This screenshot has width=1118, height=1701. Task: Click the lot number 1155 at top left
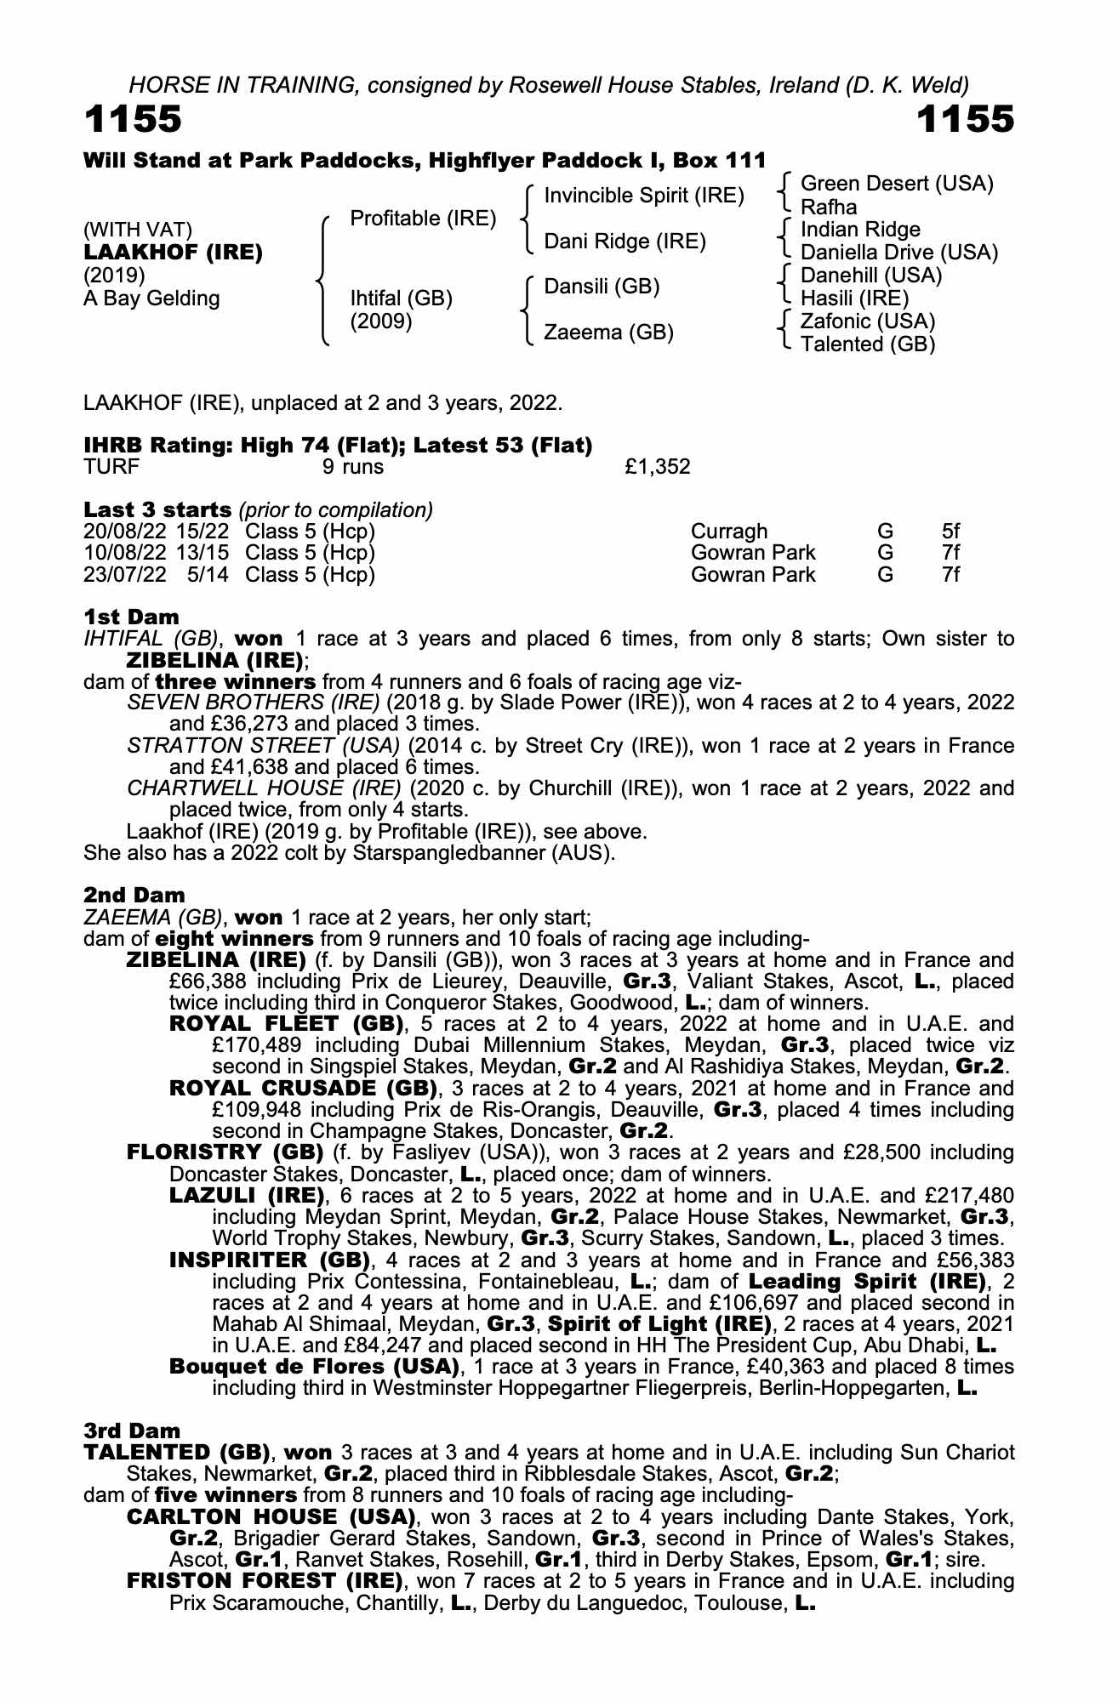coord(133,120)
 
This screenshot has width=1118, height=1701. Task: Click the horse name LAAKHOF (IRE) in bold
coord(173,253)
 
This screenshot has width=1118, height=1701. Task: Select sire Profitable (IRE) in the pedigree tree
coord(423,219)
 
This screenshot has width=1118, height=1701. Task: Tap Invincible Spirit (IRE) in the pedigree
coord(643,196)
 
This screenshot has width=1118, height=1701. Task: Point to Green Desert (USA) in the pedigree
coord(897,184)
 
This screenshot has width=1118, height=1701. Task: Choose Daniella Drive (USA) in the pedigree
coord(899,253)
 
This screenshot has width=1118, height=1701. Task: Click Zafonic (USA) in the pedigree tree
coord(868,321)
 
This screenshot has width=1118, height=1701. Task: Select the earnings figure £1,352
coord(657,467)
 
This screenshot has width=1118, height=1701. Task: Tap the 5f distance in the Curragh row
coord(950,532)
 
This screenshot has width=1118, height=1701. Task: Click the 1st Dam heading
coord(132,617)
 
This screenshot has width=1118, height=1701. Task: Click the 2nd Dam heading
coord(134,895)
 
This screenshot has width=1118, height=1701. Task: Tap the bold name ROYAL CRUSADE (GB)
coord(303,1089)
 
